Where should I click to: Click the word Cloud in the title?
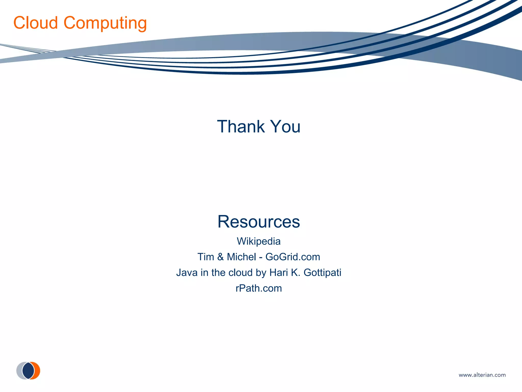click(x=36, y=23)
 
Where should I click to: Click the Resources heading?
click(x=259, y=222)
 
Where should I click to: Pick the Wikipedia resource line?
click(x=259, y=241)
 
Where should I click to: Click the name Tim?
click(x=205, y=257)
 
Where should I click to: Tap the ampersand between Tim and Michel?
click(x=220, y=257)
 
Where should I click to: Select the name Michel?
click(x=241, y=257)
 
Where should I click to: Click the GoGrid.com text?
click(x=293, y=257)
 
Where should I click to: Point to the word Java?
click(x=187, y=273)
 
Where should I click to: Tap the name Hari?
click(x=279, y=273)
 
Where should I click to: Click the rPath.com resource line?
click(x=259, y=288)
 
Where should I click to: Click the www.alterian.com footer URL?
click(x=482, y=375)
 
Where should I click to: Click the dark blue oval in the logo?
click(x=28, y=371)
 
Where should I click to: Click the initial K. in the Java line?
click(x=296, y=273)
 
